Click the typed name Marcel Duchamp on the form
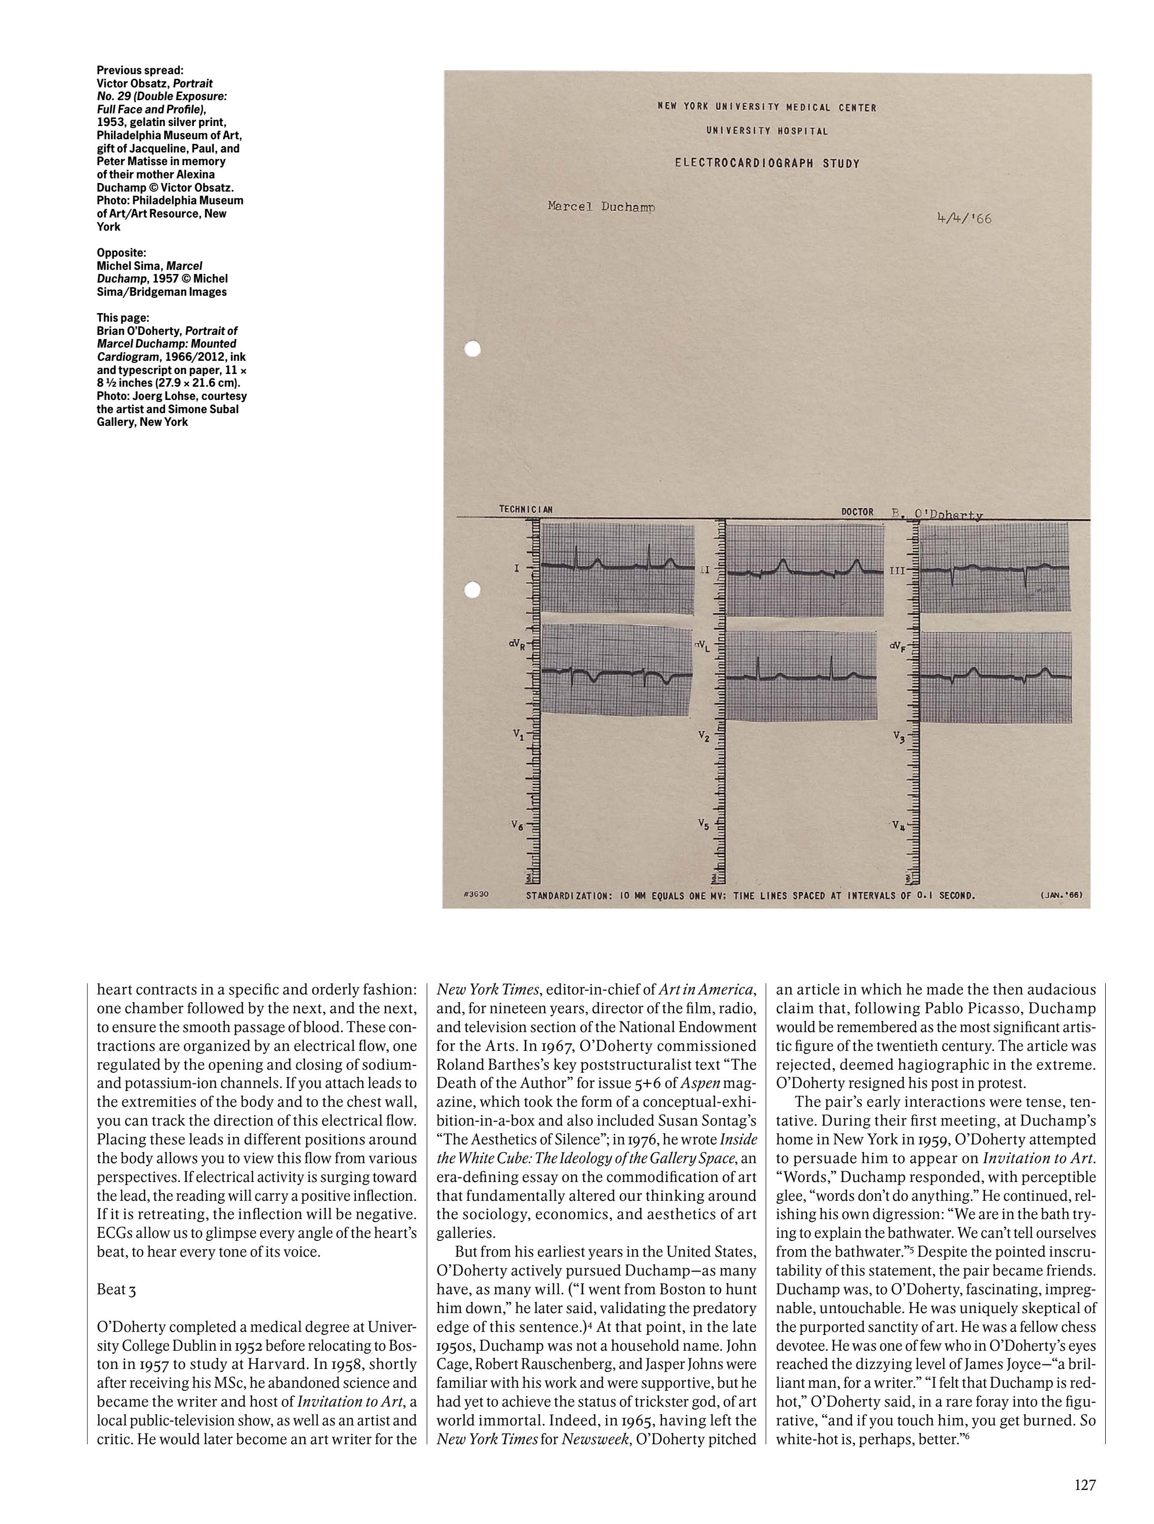(600, 206)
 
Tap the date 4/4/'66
(963, 219)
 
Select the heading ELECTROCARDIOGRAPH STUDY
(767, 164)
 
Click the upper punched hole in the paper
(472, 349)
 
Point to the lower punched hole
(472, 590)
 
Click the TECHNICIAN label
(525, 511)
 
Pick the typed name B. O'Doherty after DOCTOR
(938, 514)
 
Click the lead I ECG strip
(618, 567)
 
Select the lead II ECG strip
(805, 570)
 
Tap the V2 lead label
(703, 737)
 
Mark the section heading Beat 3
(116, 1290)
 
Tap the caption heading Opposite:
(121, 253)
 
